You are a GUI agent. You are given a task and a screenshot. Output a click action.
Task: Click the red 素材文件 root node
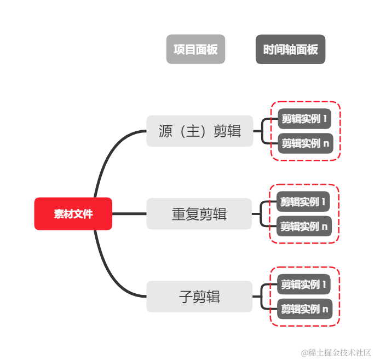tap(73, 214)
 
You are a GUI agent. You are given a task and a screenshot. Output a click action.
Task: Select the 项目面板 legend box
tap(195, 49)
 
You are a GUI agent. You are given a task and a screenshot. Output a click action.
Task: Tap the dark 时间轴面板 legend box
tap(290, 49)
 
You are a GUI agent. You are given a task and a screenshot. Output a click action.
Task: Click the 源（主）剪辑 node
tap(199, 131)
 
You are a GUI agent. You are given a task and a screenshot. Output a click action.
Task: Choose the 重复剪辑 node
tap(199, 214)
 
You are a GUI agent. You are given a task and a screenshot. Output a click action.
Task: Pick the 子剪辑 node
tap(199, 297)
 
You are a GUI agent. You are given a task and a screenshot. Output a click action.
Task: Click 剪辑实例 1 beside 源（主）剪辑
tap(304, 119)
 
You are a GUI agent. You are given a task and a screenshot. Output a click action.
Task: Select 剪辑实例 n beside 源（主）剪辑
tap(304, 143)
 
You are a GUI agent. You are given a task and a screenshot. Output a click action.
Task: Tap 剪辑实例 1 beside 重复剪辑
tap(303, 202)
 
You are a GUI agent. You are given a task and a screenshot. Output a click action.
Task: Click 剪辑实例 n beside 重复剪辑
tap(303, 226)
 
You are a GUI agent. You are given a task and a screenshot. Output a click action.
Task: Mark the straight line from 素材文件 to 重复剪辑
tap(129, 214)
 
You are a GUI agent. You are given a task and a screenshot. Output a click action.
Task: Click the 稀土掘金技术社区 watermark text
tap(336, 351)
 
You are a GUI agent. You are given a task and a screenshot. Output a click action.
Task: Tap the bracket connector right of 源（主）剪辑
tap(263, 131)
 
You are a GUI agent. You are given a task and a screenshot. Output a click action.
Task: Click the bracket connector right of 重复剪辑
tap(262, 214)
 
